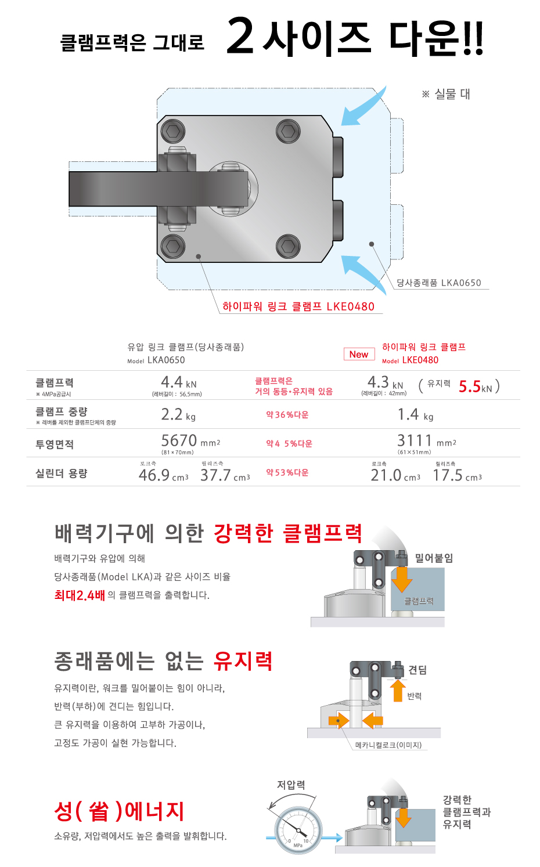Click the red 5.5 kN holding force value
[x=476, y=386]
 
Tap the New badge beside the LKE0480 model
[x=359, y=354]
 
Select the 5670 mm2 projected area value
[x=190, y=441]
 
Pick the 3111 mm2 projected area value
[x=427, y=441]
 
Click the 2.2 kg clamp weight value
[x=178, y=414]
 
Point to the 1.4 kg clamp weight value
[x=415, y=414]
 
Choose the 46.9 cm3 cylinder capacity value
[x=164, y=475]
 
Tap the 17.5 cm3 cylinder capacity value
[x=457, y=475]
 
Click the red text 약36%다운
[x=287, y=415]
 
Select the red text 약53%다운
[x=287, y=472]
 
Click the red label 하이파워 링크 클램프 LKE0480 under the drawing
[x=298, y=306]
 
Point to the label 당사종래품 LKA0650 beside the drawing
[x=438, y=283]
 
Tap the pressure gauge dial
[x=298, y=830]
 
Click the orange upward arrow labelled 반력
[x=397, y=691]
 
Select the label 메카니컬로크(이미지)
[x=388, y=745]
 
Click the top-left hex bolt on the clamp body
[x=173, y=131]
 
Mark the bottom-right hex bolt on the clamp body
[x=288, y=246]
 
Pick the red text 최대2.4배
[x=80, y=595]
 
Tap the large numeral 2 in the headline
[x=240, y=35]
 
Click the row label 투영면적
[x=55, y=444]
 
